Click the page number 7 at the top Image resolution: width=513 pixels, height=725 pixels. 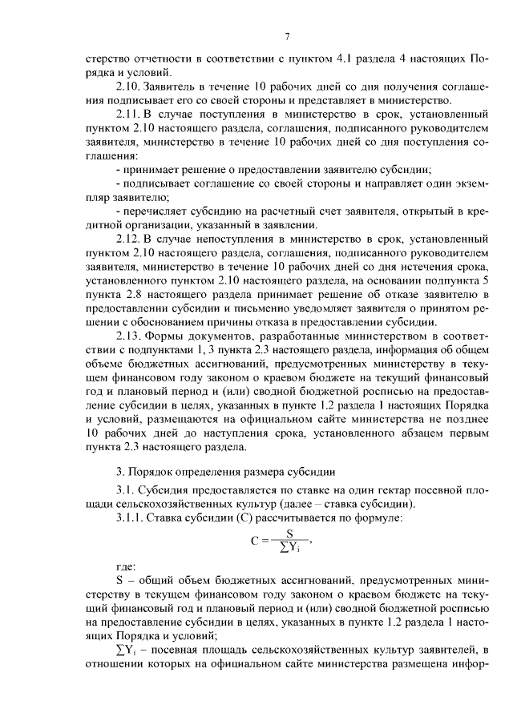point(286,36)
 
